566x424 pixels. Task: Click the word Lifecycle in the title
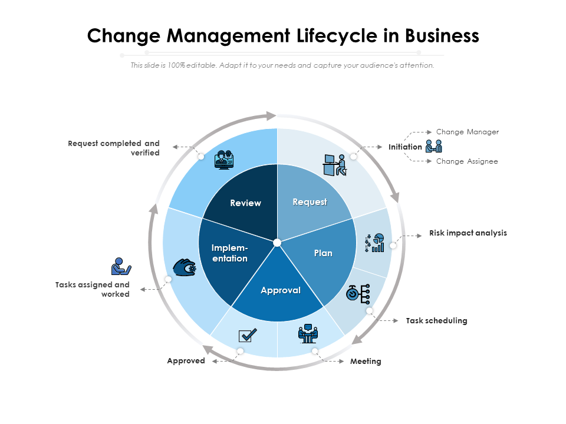click(337, 36)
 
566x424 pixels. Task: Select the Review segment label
click(245, 203)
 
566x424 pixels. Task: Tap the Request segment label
click(310, 202)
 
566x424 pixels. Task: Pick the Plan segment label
click(323, 253)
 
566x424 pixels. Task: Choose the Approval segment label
click(281, 290)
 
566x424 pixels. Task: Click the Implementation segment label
click(229, 253)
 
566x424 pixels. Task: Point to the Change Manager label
click(468, 132)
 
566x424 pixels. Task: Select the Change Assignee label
click(467, 161)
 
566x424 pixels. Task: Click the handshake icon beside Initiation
click(433, 146)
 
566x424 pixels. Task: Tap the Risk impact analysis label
click(468, 233)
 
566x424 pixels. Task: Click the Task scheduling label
click(436, 320)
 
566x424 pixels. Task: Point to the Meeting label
click(366, 361)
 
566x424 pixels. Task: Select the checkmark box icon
click(248, 335)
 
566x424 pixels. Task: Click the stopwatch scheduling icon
click(358, 294)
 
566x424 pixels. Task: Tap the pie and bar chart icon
click(374, 243)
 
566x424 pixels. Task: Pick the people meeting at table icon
click(308, 333)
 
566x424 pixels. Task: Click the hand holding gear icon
click(185, 267)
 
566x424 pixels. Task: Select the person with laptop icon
click(121, 266)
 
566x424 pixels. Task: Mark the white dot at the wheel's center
click(277, 243)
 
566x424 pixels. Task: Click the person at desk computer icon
click(335, 165)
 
